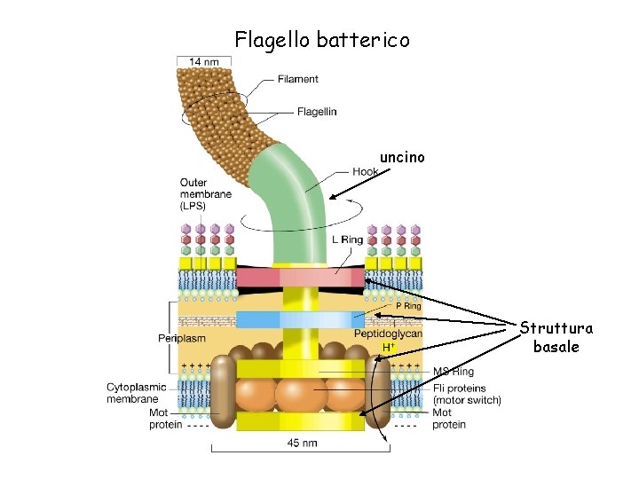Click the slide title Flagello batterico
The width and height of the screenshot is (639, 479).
(x=322, y=40)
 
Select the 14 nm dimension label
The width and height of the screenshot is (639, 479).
(x=204, y=62)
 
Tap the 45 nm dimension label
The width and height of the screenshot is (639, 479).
(x=303, y=443)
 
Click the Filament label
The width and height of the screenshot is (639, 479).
(x=297, y=79)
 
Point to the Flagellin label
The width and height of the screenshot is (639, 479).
(x=317, y=112)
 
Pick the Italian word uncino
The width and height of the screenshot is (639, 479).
(x=402, y=157)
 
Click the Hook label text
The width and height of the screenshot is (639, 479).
(x=365, y=171)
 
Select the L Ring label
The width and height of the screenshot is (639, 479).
(x=347, y=239)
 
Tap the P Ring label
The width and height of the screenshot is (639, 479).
(x=409, y=305)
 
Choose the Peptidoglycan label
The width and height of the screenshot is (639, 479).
(x=388, y=334)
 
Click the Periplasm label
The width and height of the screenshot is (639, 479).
(x=182, y=338)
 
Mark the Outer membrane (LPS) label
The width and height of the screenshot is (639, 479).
(x=206, y=194)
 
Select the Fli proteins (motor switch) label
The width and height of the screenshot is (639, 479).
(x=467, y=394)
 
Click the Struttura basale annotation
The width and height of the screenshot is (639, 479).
(x=556, y=338)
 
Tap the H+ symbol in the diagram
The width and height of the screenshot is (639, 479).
(x=388, y=347)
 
